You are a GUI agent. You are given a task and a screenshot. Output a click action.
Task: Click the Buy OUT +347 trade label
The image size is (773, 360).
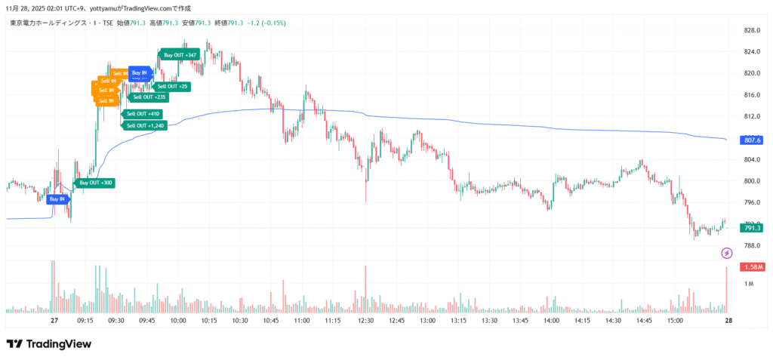tap(180, 55)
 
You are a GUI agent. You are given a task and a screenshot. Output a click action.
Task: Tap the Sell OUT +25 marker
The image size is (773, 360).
tap(173, 87)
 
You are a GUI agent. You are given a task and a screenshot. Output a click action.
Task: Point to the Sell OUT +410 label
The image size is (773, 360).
tap(143, 114)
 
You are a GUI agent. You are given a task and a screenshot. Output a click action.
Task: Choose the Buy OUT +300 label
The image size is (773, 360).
tap(96, 183)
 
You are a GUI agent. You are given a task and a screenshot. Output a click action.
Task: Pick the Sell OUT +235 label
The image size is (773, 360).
tap(149, 97)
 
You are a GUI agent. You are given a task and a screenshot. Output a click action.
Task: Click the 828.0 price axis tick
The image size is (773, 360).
tap(751, 30)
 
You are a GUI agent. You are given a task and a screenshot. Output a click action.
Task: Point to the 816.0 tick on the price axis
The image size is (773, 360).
tap(751, 95)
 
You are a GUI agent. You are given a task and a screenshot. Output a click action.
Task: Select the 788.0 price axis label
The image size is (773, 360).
tap(751, 245)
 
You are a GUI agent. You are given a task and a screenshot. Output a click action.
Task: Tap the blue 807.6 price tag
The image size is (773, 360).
tap(753, 140)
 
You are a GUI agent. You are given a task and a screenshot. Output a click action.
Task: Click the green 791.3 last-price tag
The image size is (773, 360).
tap(753, 228)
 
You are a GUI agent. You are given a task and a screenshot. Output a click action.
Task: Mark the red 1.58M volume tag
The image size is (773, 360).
tap(753, 267)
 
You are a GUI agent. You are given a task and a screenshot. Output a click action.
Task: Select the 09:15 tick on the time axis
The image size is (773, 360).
tap(85, 321)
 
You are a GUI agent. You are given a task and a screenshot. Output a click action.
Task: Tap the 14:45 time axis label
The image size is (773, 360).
tap(644, 321)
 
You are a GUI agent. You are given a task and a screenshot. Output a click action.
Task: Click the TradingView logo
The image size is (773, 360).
tap(49, 344)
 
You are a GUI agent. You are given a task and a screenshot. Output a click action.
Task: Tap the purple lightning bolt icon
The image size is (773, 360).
tap(727, 253)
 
